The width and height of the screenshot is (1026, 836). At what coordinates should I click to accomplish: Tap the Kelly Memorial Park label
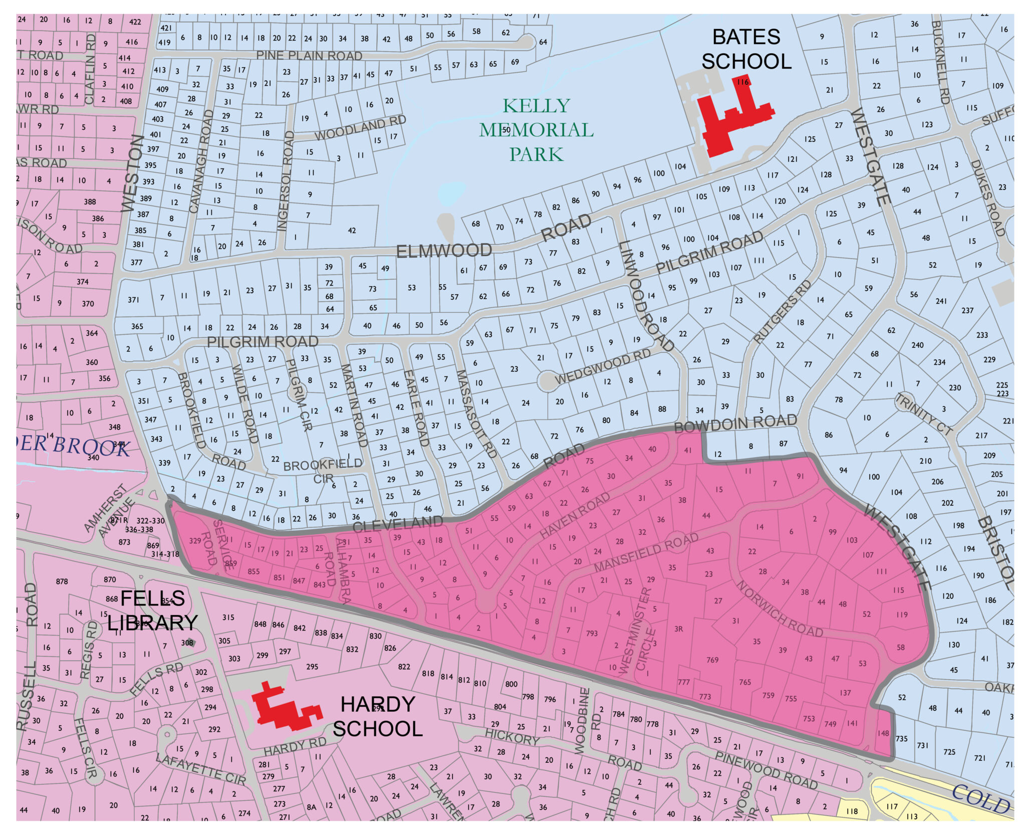(536, 130)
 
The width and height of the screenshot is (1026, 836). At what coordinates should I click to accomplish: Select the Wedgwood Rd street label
(602, 366)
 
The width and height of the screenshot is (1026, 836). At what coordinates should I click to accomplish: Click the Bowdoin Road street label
(735, 424)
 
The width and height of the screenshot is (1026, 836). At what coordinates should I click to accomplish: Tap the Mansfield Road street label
(646, 552)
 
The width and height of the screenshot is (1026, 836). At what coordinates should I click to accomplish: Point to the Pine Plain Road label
(309, 55)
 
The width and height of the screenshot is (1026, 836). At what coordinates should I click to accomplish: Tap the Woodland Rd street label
(360, 128)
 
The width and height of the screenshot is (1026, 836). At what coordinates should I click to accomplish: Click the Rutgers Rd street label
(782, 311)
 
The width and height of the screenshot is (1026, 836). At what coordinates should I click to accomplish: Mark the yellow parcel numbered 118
(852, 811)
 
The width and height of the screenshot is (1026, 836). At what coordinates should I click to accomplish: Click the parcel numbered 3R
(678, 629)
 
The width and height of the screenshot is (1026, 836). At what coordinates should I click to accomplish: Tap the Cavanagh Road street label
(201, 161)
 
